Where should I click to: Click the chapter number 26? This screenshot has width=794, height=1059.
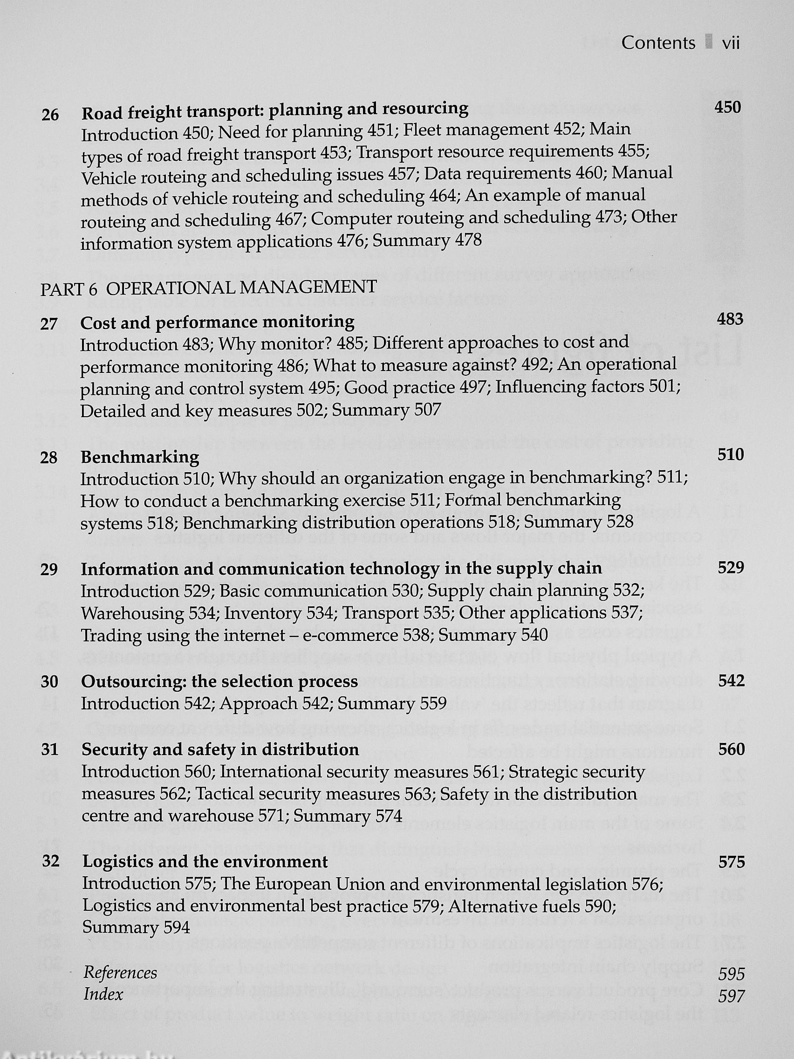pos(50,116)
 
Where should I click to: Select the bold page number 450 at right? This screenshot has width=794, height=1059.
pos(727,107)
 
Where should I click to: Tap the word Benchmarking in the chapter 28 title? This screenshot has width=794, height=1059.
pos(140,457)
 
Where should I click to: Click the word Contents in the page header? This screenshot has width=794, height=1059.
pos(658,43)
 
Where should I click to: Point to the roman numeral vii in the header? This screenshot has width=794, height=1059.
pos(731,43)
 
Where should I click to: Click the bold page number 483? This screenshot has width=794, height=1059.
pos(730,319)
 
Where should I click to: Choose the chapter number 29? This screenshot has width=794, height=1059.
pos(49,569)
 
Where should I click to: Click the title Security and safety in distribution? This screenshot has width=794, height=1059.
pos(220,750)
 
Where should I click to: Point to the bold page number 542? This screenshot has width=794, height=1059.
pos(731,681)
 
